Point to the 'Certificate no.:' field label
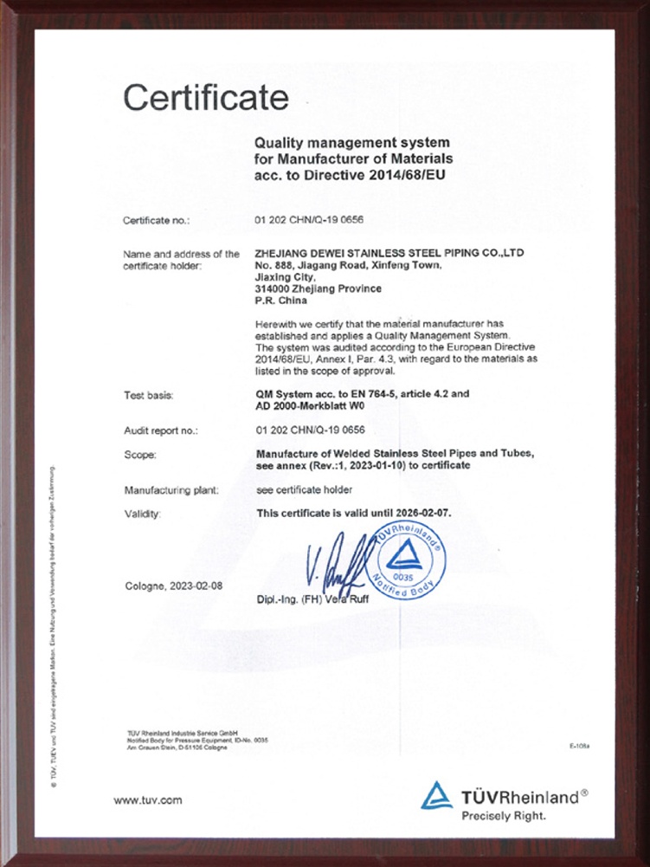coord(157,221)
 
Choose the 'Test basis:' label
coord(150,395)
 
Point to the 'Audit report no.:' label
coord(162,430)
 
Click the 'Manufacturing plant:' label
coord(172,490)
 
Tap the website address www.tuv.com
coord(148,799)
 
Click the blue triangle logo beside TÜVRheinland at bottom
coord(436,795)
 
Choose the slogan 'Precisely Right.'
coord(504,815)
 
